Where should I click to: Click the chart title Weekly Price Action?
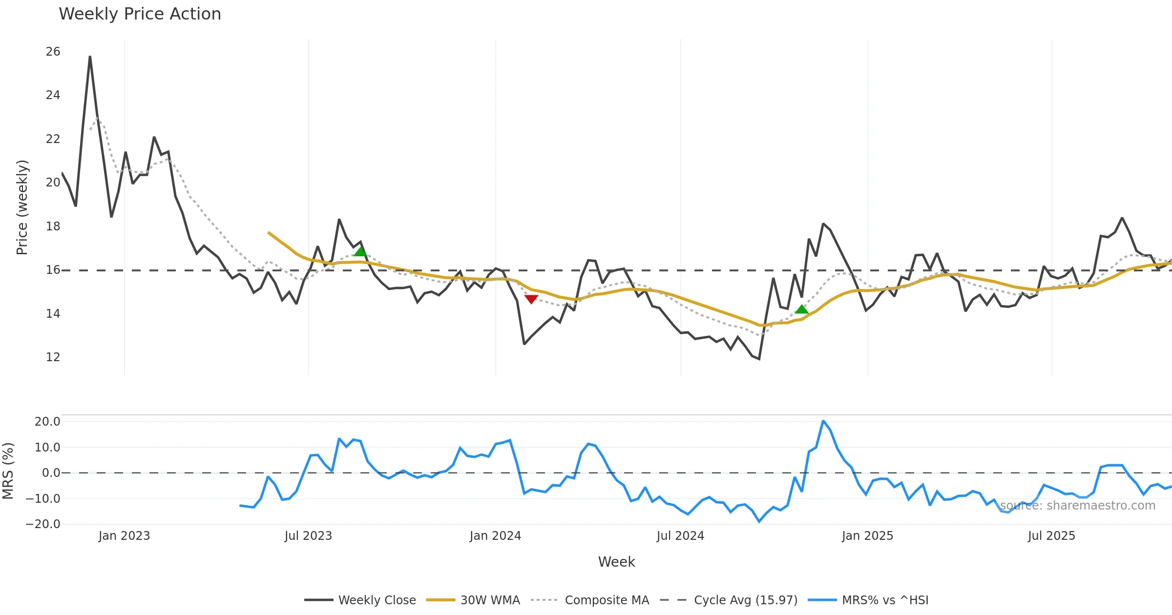(x=140, y=14)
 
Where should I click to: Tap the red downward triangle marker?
(x=531, y=299)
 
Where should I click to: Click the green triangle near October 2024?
(x=801, y=309)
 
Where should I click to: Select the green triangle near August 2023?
(x=360, y=252)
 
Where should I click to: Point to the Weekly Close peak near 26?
(x=90, y=57)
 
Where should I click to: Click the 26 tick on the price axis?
(x=53, y=52)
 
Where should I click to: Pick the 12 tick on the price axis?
(x=53, y=357)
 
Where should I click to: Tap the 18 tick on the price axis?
(x=53, y=226)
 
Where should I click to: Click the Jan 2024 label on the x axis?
(x=495, y=536)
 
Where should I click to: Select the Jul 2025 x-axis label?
(x=1051, y=536)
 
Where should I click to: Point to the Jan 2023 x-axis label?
(x=124, y=536)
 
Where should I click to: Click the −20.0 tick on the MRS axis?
(x=43, y=524)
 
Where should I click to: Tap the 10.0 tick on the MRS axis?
(x=47, y=448)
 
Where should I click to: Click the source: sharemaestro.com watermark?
(x=1078, y=506)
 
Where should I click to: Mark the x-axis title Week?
(x=616, y=562)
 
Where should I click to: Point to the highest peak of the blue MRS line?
(x=823, y=421)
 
